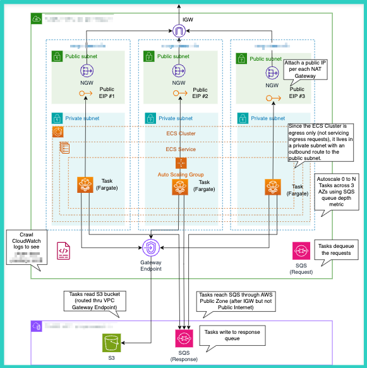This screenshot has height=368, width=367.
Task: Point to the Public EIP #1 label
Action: (107, 93)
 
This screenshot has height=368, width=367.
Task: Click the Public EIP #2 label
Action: (200, 93)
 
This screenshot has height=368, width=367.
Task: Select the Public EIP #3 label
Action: (297, 93)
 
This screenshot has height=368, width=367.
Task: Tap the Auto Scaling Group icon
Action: (181, 163)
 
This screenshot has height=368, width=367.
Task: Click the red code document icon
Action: (64, 251)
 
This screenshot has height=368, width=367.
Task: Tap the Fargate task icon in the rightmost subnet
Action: (272, 185)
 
